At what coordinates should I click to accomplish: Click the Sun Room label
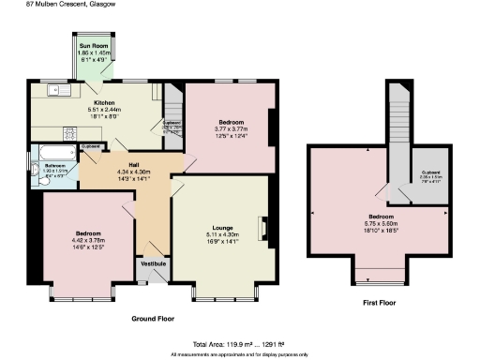coord(91,46)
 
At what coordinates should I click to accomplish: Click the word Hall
coord(121,164)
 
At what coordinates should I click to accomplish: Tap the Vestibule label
coord(153,264)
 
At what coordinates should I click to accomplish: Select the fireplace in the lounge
coord(263,228)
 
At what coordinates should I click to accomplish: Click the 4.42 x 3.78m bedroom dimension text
coord(86,240)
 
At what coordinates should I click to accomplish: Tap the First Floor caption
coord(380,303)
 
